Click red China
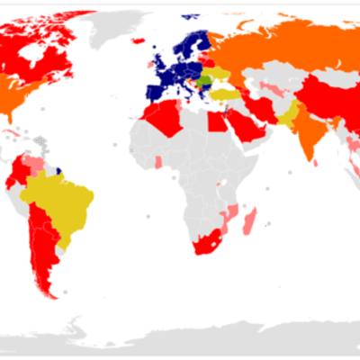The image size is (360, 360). [x=319, y=99]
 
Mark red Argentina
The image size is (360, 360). [x=45, y=256]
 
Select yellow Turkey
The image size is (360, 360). [x=222, y=94]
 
